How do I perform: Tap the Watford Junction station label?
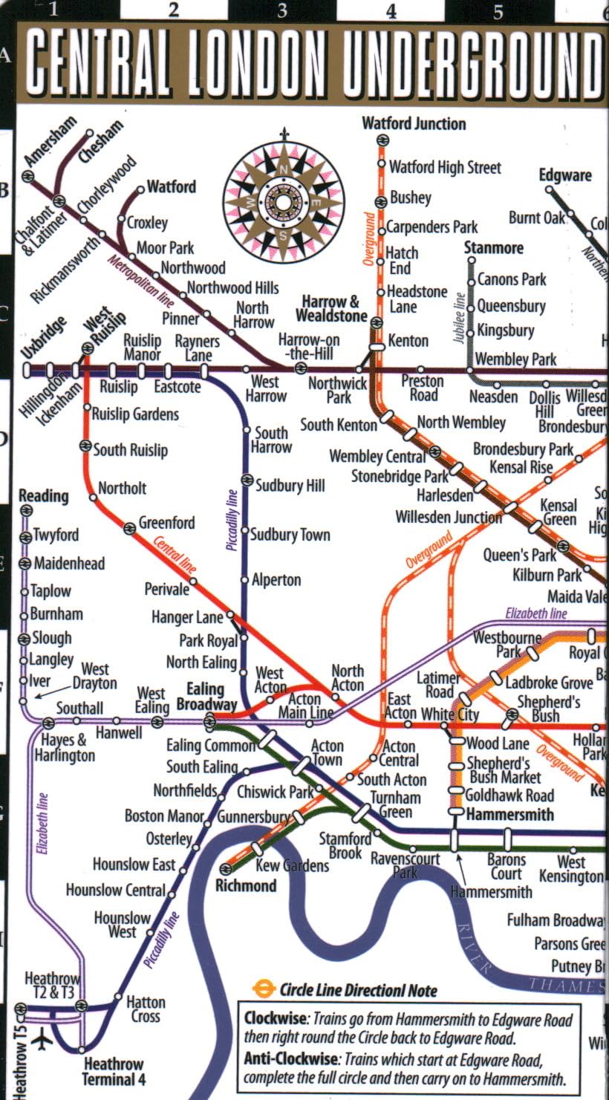[x=414, y=123]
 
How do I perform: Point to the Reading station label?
[x=43, y=495]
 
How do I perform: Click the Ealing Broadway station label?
[x=206, y=697]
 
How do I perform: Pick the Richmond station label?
[x=246, y=885]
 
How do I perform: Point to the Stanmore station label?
[x=494, y=247]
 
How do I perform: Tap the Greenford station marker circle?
[x=129, y=527]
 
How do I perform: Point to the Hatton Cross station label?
[x=146, y=1009]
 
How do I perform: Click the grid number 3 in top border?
[x=282, y=10]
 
